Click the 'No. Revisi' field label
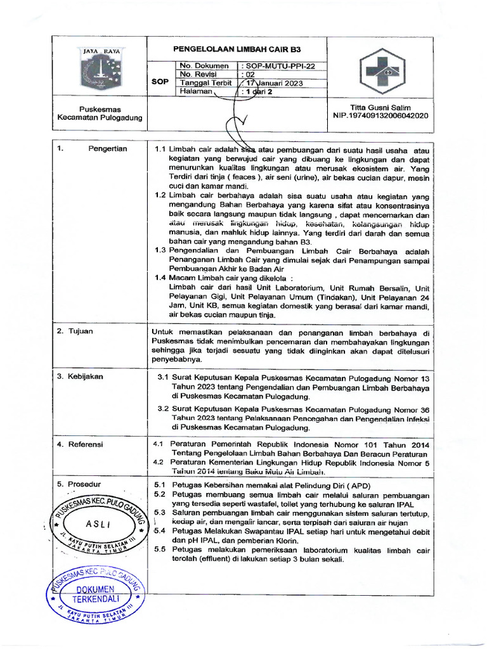198,74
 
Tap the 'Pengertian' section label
108,149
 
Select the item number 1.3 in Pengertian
160,251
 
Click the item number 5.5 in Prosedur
160,549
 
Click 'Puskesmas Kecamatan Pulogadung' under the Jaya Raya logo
100,113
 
